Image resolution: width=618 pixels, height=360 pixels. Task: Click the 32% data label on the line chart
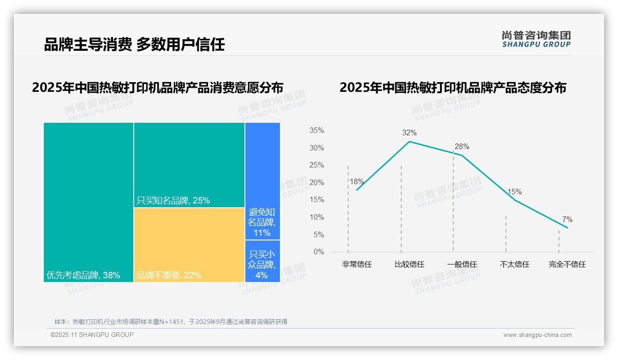click(409, 133)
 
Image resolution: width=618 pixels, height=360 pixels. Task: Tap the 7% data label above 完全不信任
click(567, 220)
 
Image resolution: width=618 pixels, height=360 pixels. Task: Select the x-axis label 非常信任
click(357, 264)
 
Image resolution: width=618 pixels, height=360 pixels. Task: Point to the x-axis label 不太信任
click(514, 264)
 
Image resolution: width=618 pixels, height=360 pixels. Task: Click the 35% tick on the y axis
click(316, 131)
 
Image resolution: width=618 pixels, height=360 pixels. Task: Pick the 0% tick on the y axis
click(319, 252)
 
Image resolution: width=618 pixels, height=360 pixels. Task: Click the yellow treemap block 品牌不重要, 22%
click(189, 245)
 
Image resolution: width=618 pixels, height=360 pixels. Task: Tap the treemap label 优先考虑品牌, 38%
click(83, 276)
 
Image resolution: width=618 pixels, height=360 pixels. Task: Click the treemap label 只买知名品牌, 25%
click(173, 200)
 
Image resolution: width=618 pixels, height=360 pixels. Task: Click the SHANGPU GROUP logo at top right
click(536, 39)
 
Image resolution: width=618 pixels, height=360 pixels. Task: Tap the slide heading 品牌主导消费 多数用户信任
click(134, 44)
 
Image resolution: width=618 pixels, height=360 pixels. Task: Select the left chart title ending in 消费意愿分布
click(157, 87)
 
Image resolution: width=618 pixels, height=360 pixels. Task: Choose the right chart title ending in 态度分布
click(452, 87)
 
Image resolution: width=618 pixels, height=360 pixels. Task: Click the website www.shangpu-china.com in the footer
click(537, 335)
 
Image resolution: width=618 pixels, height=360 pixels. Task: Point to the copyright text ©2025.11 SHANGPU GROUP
click(92, 335)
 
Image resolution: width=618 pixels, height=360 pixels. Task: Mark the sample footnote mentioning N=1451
click(171, 322)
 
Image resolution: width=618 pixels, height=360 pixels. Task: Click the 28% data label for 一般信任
click(462, 147)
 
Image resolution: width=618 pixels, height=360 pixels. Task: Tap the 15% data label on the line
click(514, 192)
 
